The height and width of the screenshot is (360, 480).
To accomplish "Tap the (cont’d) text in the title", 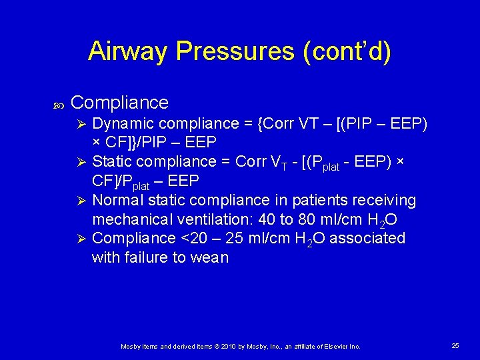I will point(347,51).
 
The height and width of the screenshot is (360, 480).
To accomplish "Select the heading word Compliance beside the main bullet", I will point(119,103).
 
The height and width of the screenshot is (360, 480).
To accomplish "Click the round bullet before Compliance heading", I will point(57,104).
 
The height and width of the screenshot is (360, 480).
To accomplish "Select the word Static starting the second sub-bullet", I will point(110,161).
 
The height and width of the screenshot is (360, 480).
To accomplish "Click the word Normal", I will point(116,200).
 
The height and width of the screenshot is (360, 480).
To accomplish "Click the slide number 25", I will point(455,345).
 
